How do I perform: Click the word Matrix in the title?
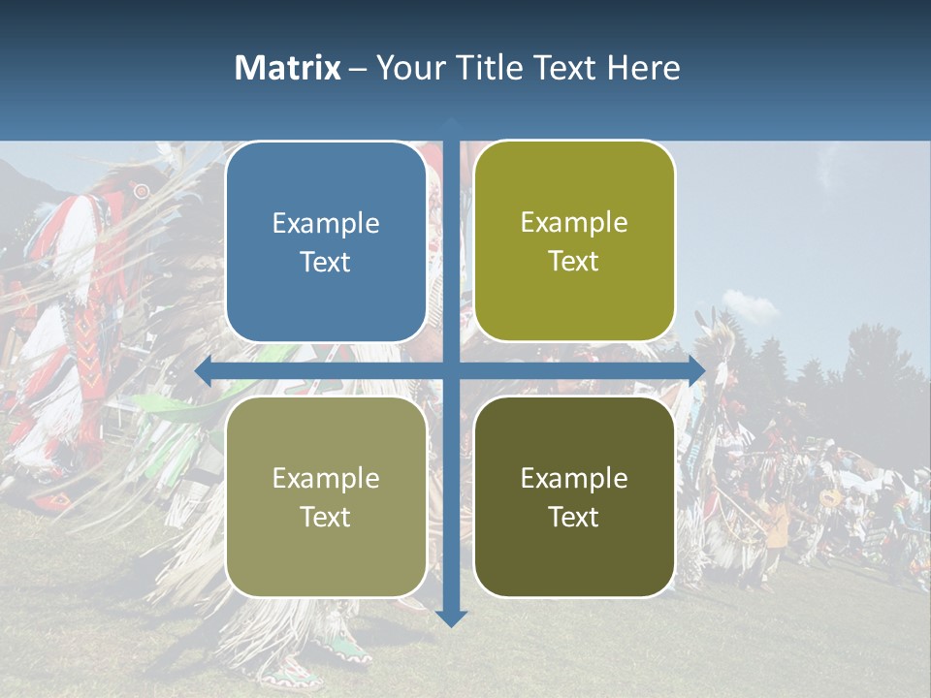pos(288,68)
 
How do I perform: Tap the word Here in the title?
pos(643,68)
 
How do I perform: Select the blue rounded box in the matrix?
pos(326,242)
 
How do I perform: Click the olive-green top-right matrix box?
pos(574,241)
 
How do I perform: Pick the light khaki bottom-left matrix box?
pos(326,496)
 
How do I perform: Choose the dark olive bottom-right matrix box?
pos(574,496)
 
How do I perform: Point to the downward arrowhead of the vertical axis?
pos(451,619)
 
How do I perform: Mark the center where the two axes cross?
pos(451,370)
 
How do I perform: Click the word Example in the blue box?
pos(326,223)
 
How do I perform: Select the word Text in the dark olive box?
pos(574,517)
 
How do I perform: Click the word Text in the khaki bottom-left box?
pos(326,517)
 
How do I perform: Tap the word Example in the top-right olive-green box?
pos(574,222)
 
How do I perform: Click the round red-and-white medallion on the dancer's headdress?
pos(142,191)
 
